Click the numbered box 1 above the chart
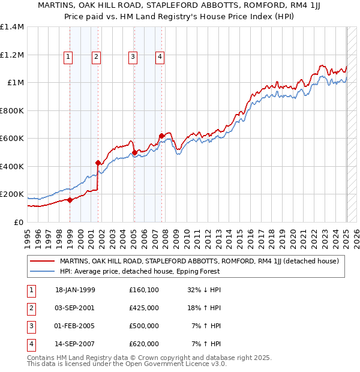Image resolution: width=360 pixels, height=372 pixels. (68, 57)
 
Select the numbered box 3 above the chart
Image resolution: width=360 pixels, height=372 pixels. (132, 57)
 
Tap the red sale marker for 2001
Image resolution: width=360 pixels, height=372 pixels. (98, 162)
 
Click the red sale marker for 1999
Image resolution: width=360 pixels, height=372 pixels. (70, 200)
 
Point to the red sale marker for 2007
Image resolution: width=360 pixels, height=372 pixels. (161, 136)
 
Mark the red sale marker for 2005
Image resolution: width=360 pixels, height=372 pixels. (134, 152)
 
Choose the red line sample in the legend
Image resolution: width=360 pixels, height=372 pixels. (43, 261)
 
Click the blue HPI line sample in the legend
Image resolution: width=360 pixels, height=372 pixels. (43, 271)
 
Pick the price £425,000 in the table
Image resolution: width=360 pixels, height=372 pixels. (144, 308)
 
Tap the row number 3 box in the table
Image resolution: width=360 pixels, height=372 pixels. (29, 326)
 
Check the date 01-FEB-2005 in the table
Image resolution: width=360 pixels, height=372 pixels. (75, 326)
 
